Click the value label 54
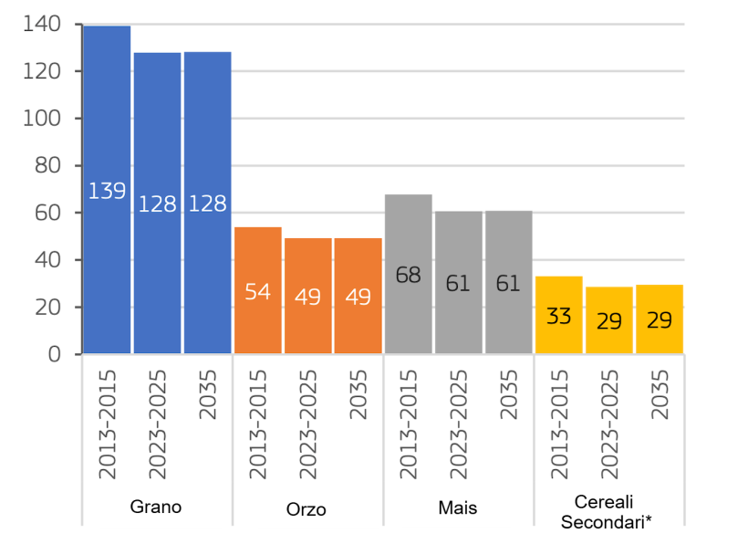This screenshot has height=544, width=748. [x=257, y=293]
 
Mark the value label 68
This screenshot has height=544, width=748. [x=408, y=274]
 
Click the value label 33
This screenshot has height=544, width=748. [x=558, y=317]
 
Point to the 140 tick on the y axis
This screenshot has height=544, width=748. [x=41, y=25]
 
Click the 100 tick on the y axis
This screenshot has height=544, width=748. [x=41, y=119]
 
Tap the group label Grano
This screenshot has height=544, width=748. [x=156, y=507]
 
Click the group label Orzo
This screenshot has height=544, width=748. [x=306, y=508]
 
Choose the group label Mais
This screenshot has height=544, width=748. [x=457, y=507]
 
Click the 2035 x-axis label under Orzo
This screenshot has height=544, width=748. [x=358, y=394]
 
